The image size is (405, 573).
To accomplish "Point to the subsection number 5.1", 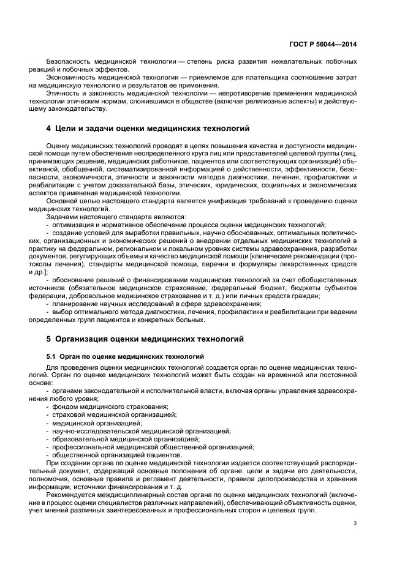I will click(x=51, y=356).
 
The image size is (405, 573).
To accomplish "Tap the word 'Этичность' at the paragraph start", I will click(x=62, y=94).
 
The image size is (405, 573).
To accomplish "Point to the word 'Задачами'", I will click(x=61, y=217).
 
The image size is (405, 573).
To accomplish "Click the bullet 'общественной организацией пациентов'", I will click(x=118, y=454).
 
